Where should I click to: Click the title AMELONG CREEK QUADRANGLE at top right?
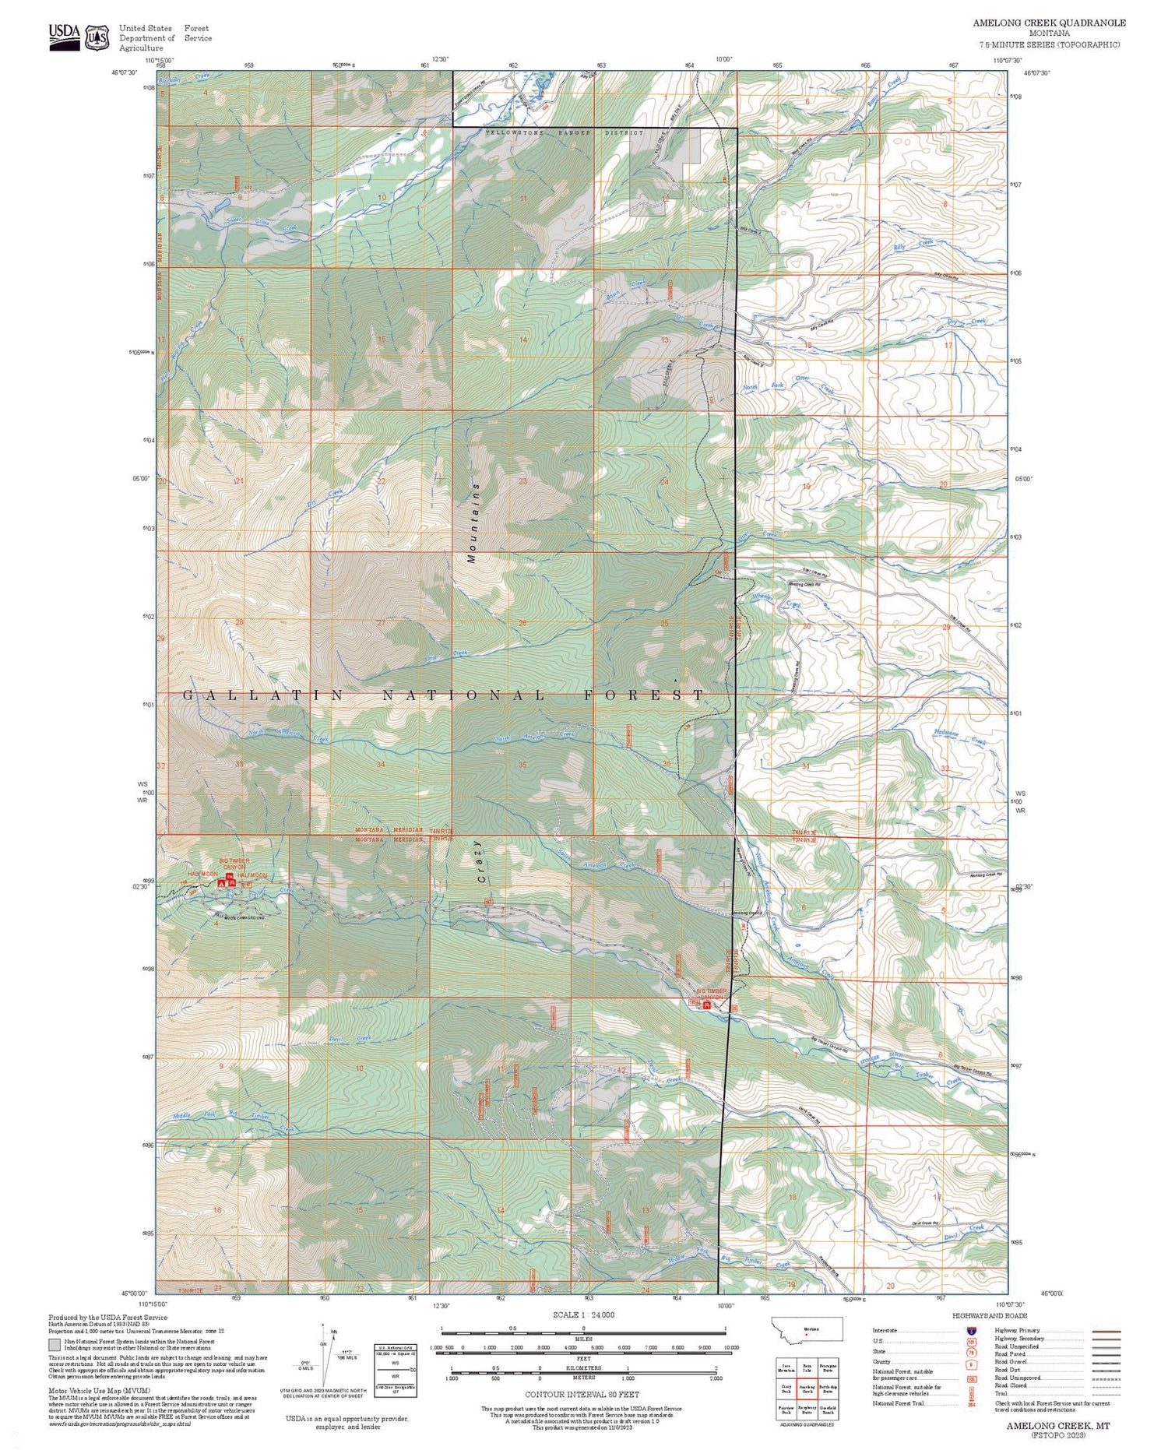pyautogui.click(x=1049, y=23)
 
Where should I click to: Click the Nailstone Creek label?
pyautogui.click(x=959, y=737)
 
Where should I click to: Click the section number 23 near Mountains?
pyautogui.click(x=522, y=481)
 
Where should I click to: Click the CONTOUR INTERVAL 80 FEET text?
pyautogui.click(x=582, y=1394)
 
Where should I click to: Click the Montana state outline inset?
pyautogui.click(x=807, y=1329)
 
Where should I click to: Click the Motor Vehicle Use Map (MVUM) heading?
pyautogui.click(x=99, y=1390)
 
